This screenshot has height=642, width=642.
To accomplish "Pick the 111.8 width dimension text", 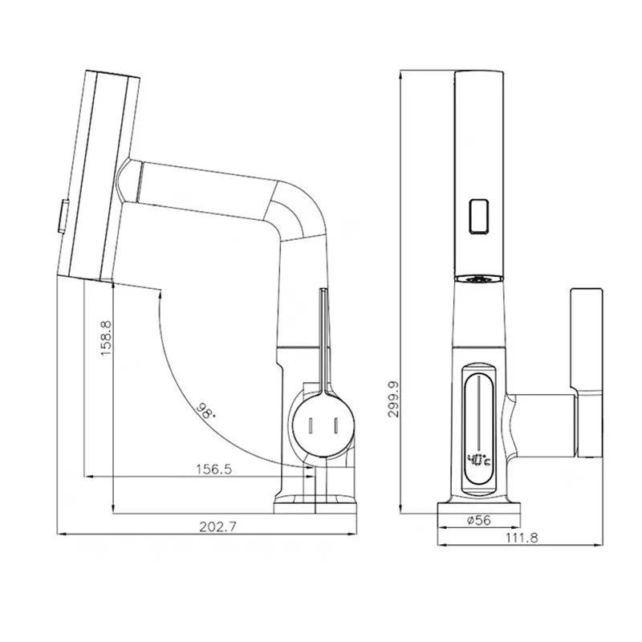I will point(521,537).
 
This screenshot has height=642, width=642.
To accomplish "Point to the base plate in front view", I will point(478,506).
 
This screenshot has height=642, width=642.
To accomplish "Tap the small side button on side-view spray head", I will point(59,214).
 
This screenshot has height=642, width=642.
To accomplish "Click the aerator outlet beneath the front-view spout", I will point(478,279).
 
